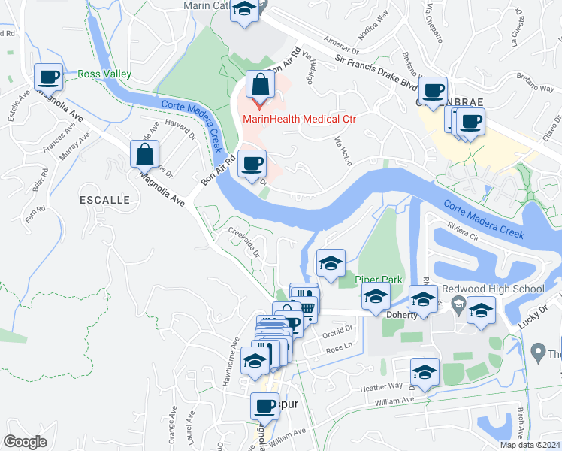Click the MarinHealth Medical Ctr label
298,119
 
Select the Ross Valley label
105,74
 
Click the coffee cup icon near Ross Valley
50,77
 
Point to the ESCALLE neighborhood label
104,200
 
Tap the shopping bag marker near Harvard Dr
144,155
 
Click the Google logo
26,442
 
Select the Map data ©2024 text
529,444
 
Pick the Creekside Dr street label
243,242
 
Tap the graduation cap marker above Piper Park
331,263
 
